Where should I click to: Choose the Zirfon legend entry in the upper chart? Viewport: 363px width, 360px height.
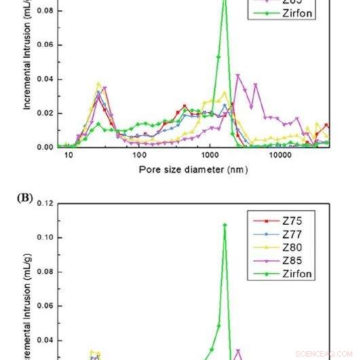pos(299,13)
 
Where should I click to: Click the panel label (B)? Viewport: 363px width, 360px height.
pos(28,199)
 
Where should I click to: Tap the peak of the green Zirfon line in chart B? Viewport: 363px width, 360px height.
pos(225,225)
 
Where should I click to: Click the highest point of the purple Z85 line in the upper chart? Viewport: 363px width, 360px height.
pos(237,75)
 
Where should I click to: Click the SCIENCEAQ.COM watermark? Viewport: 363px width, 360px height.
pos(324,353)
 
